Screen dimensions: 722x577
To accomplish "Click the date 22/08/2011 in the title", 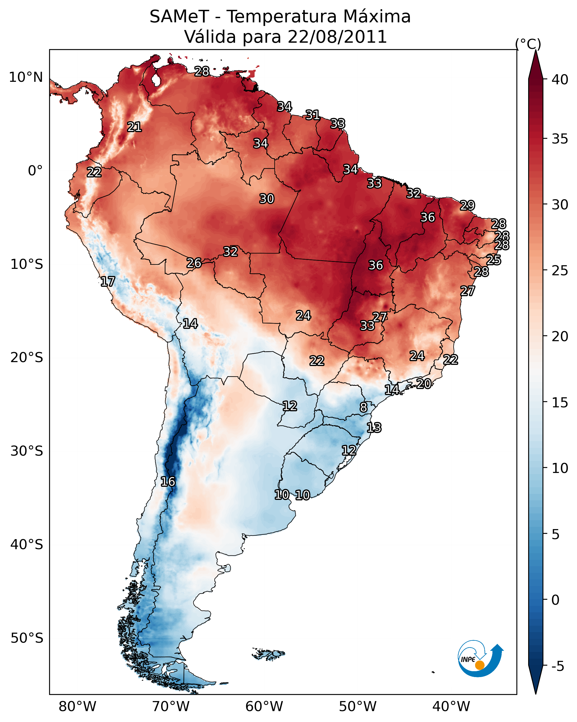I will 337,37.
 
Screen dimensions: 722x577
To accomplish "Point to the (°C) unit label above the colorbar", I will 528,44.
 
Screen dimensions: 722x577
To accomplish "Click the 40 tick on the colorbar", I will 560,80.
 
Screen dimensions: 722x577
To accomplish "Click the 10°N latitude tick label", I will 26,77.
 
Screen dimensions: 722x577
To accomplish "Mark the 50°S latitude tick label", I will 27,638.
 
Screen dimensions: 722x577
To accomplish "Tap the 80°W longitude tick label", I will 77,707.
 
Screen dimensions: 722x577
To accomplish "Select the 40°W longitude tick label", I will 451,707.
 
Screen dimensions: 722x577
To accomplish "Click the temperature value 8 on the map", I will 363,407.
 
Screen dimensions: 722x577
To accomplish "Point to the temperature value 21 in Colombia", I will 134,127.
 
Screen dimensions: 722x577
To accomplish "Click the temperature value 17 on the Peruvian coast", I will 107,282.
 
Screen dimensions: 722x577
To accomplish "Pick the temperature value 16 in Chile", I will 168,482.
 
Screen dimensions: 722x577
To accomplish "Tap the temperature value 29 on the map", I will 467,205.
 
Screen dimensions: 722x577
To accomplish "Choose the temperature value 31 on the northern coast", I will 312,115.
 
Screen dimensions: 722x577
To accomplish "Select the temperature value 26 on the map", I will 194,263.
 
